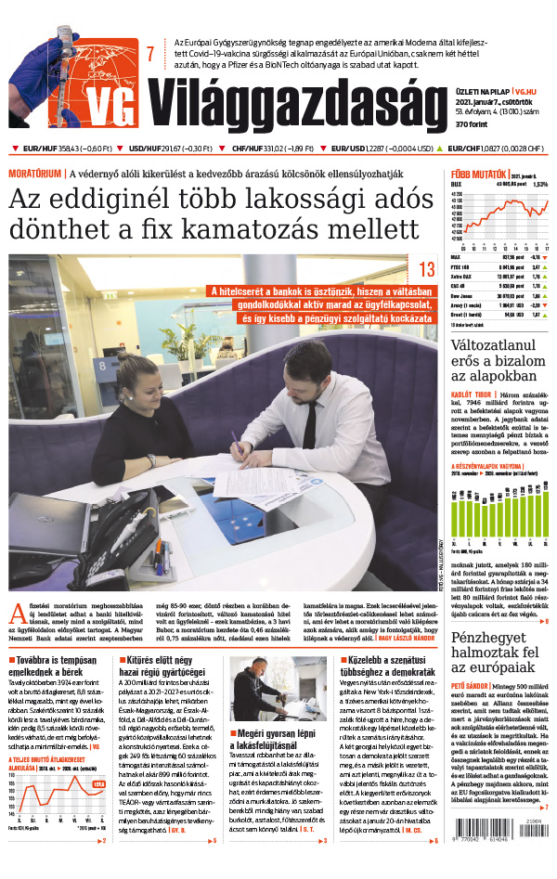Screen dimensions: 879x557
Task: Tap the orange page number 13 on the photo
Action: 427,270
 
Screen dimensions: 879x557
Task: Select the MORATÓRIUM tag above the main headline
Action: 36,174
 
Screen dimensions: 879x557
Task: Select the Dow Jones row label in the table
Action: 460,294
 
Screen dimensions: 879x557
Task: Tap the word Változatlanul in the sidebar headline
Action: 493,347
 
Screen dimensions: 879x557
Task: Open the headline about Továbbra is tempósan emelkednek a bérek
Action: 56,667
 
